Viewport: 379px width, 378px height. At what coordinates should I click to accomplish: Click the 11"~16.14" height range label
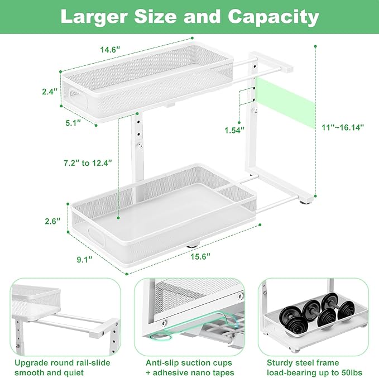point(343,127)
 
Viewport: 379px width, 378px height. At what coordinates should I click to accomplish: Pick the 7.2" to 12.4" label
point(88,162)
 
